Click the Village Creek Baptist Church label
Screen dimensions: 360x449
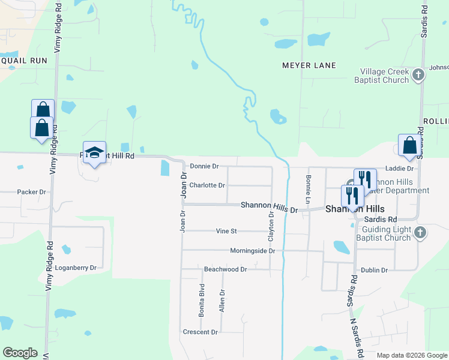[x=381, y=75]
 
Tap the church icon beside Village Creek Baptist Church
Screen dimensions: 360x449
[x=419, y=75]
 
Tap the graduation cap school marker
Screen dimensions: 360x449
[x=94, y=154]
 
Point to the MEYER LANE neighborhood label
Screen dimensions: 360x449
[x=309, y=65]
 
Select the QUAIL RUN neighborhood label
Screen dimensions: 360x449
[x=24, y=61]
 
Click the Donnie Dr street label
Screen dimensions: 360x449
[x=204, y=166]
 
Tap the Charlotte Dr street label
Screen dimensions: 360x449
[x=207, y=185]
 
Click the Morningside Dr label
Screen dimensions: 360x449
[x=252, y=251]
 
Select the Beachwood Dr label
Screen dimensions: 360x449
[x=225, y=270]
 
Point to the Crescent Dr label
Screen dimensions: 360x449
[x=200, y=332]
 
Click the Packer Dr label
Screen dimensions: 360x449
[x=32, y=192]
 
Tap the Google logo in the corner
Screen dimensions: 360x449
[x=20, y=353]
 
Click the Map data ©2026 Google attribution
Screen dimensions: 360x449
[x=412, y=355]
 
